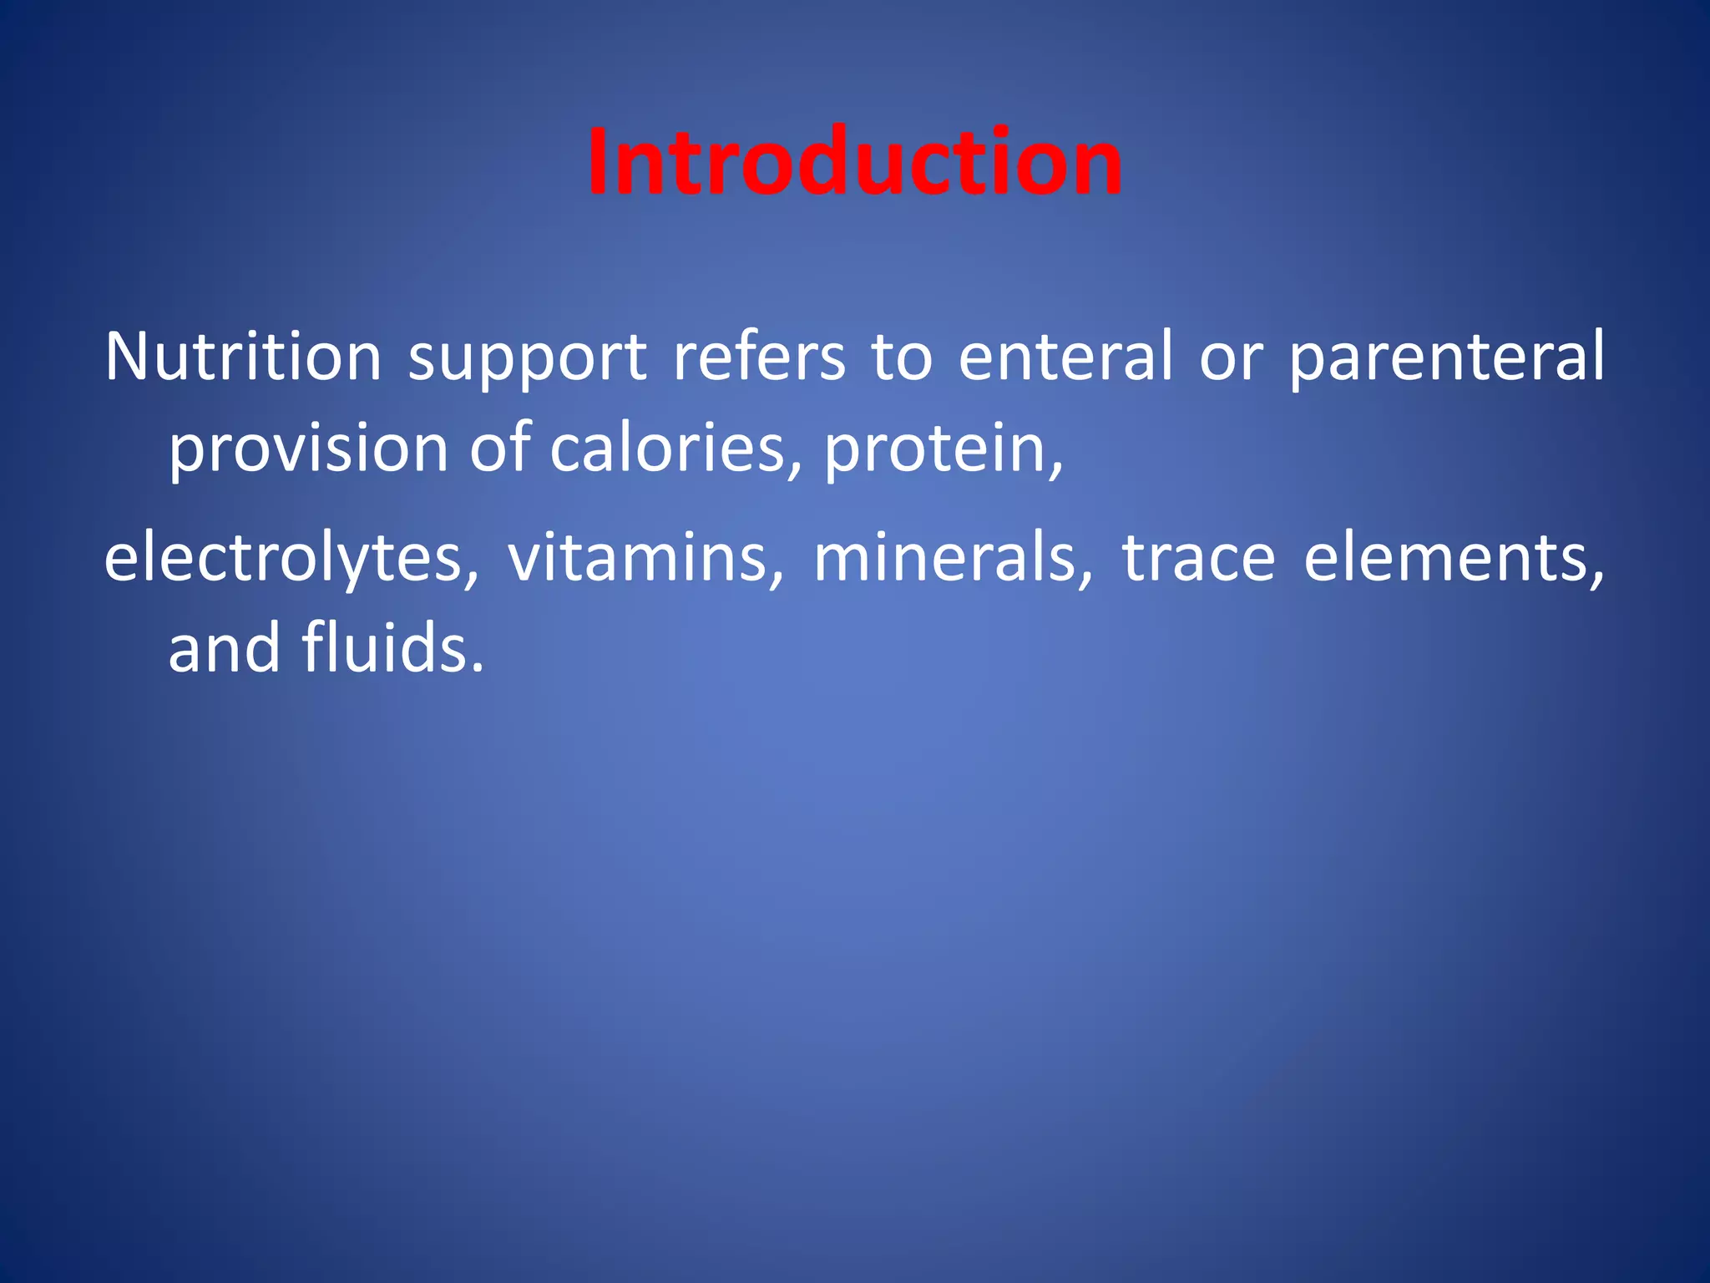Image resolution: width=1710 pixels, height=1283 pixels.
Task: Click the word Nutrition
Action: tap(243, 357)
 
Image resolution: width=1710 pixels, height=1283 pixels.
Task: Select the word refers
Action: tap(759, 357)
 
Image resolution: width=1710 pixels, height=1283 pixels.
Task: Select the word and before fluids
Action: tap(224, 648)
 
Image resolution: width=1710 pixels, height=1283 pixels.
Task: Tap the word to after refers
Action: tap(901, 358)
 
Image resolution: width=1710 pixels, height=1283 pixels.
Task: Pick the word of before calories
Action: tap(499, 448)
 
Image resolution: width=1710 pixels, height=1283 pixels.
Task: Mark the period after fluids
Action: tap(478, 668)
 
